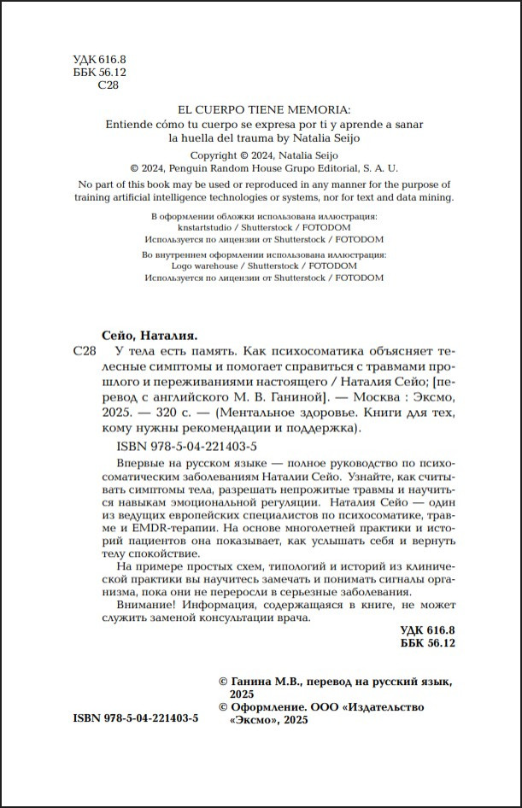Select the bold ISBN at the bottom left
click(x=136, y=720)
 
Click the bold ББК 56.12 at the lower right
click(x=427, y=644)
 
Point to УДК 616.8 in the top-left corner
click(x=95, y=59)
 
